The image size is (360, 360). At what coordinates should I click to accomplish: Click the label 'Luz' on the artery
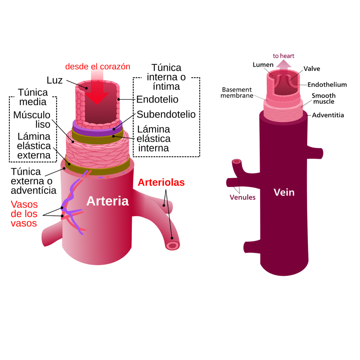coord(55,80)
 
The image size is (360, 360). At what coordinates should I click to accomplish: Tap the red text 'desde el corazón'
coord(98,66)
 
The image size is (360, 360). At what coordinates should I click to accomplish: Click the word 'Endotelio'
coord(157,99)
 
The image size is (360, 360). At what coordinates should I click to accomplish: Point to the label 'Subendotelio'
coord(166,114)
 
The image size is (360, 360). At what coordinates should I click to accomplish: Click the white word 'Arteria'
coord(107,201)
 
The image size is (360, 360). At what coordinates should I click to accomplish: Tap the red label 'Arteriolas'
coord(161,182)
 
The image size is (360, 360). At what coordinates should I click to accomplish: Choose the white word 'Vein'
coord(284,192)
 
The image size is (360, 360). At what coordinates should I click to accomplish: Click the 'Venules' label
coord(242,197)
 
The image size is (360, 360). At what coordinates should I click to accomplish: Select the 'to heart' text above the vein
coord(283,56)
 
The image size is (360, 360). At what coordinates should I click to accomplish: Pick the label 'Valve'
coord(312,69)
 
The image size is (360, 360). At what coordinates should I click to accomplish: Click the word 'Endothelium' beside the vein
coord(327,85)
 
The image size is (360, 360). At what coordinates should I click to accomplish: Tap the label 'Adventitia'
coord(328,115)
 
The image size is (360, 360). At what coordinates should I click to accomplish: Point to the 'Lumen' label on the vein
coord(263,65)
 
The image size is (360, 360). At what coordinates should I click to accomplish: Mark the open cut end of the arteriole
coord(173,246)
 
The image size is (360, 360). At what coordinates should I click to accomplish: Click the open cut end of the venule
coord(236,162)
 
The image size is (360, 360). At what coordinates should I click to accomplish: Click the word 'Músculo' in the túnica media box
coord(32,115)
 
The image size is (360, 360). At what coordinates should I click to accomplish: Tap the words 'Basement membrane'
coord(237,93)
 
